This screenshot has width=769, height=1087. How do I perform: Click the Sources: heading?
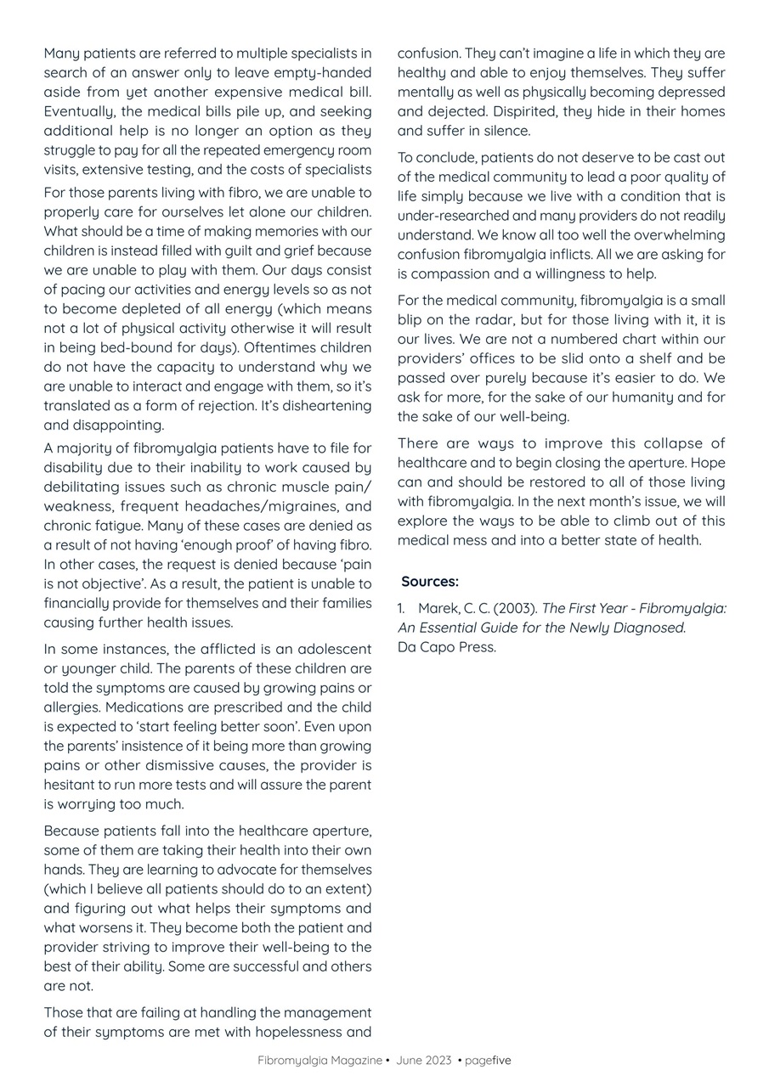430,582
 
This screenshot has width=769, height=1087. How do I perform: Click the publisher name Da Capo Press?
446,647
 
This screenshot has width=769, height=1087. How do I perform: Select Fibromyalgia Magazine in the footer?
319,1061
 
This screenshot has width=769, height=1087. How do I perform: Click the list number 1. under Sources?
402,608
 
